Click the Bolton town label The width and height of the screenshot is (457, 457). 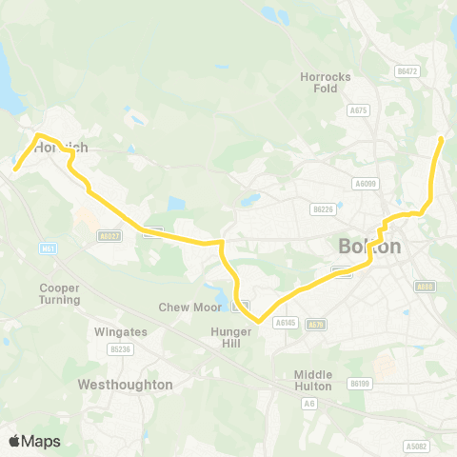(369, 247)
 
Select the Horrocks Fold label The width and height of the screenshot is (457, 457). (325, 82)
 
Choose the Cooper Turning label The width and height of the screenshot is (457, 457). (59, 293)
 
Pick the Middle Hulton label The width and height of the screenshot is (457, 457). (313, 380)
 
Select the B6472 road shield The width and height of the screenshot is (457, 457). (407, 71)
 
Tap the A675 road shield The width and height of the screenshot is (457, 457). (358, 110)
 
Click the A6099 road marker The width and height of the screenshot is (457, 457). (365, 183)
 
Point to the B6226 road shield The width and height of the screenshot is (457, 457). (324, 209)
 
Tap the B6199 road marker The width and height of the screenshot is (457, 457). (359, 383)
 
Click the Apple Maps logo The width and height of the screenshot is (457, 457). (35, 441)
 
